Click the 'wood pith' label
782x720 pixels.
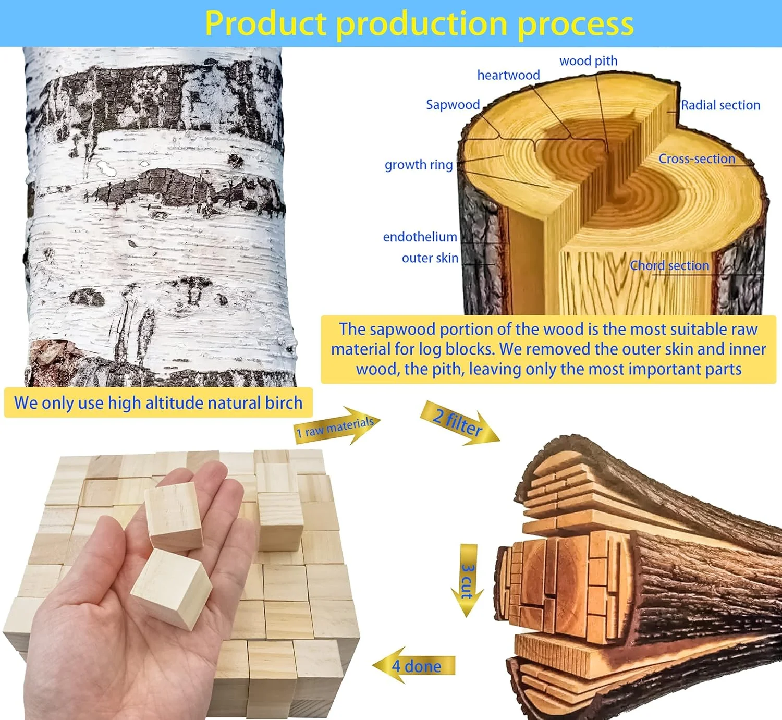pyautogui.click(x=588, y=61)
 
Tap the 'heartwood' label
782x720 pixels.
pyautogui.click(x=508, y=75)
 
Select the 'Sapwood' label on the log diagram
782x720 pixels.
pyautogui.click(x=453, y=105)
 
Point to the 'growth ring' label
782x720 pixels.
pyautogui.click(x=419, y=165)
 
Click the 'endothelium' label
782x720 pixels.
pyautogui.click(x=420, y=237)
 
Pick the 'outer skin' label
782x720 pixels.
pyautogui.click(x=430, y=258)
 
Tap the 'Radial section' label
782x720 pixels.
pyautogui.click(x=720, y=105)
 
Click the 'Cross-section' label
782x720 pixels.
pyautogui.click(x=697, y=158)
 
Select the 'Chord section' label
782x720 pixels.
pyautogui.click(x=669, y=265)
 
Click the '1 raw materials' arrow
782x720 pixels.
pyautogui.click(x=336, y=426)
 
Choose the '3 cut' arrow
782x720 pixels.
pyautogui.click(x=468, y=580)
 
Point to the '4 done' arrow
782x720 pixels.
pyautogui.click(x=413, y=666)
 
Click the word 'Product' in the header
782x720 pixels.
pyautogui.click(x=266, y=23)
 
